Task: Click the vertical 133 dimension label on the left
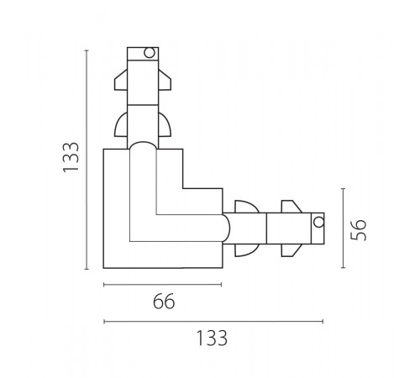coord(71,157)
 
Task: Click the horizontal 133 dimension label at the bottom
coord(212,338)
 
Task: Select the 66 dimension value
coord(164,302)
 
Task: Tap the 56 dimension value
coord(359,229)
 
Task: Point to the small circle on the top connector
coord(150,53)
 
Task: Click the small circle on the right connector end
coord(318,222)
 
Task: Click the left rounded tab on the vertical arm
coord(121,124)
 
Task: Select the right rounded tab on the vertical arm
coord(165,124)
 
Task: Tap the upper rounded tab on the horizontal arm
coord(247,207)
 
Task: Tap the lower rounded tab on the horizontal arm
coord(247,250)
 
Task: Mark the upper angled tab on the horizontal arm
coord(291,207)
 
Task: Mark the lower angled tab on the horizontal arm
coord(291,250)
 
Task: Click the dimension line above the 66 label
coord(162,285)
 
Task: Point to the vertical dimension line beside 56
coord(344,228)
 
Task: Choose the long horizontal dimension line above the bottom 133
coord(213,322)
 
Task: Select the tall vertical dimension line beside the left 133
coord(87,160)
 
